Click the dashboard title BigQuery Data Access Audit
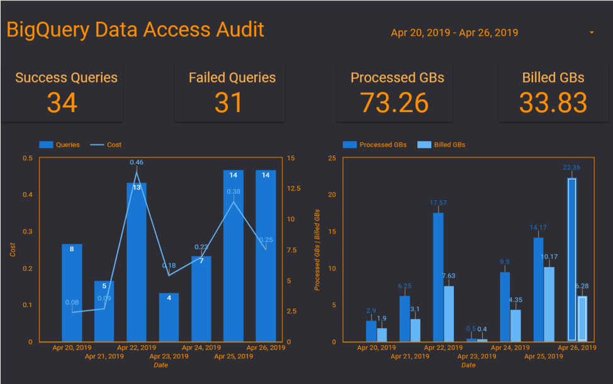pyautogui.click(x=135, y=30)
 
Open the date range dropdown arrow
pyautogui.click(x=592, y=32)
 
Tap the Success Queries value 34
pyautogui.click(x=62, y=103)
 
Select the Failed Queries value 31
pyautogui.click(x=228, y=103)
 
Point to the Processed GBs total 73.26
pyautogui.click(x=395, y=103)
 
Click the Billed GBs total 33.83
pyautogui.click(x=553, y=103)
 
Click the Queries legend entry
pyautogui.click(x=60, y=145)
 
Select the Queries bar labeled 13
pyautogui.click(x=137, y=264)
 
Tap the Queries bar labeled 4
pyautogui.click(x=169, y=317)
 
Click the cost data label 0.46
pyautogui.click(x=137, y=162)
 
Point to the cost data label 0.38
pyautogui.click(x=233, y=192)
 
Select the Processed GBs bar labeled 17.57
pyautogui.click(x=438, y=277)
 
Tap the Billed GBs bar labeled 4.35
pyautogui.click(x=515, y=325)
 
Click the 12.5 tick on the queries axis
pyautogui.click(x=294, y=188)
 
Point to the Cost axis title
pyautogui.click(x=13, y=249)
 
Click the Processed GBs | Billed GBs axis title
pyautogui.click(x=318, y=249)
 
